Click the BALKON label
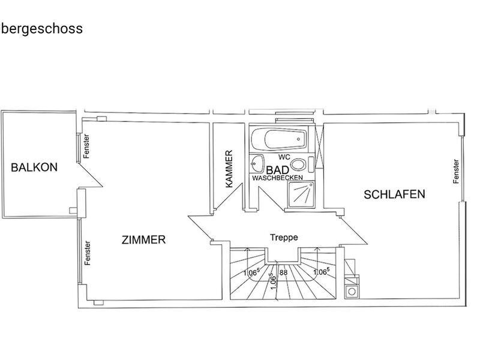pyautogui.click(x=34, y=167)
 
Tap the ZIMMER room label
pyautogui.click(x=143, y=239)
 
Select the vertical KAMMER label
pyautogui.click(x=229, y=169)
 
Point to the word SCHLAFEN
pyautogui.click(x=394, y=194)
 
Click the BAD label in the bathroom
pyautogui.click(x=277, y=170)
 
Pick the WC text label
pyautogui.click(x=284, y=157)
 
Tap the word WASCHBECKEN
pyautogui.click(x=277, y=178)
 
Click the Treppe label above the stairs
pyautogui.click(x=284, y=237)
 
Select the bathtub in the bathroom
pyautogui.click(x=278, y=139)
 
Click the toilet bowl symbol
pyautogui.click(x=298, y=164)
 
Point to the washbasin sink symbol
pyautogui.click(x=257, y=163)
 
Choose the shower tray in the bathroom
pyautogui.click(x=301, y=194)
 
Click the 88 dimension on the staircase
pyautogui.click(x=283, y=272)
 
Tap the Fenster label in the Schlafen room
pyautogui.click(x=456, y=172)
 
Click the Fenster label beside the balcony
pyautogui.click(x=86, y=146)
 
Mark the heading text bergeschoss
pyautogui.click(x=42, y=29)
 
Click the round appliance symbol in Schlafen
pyautogui.click(x=352, y=292)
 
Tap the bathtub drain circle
pyautogui.click(x=298, y=139)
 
